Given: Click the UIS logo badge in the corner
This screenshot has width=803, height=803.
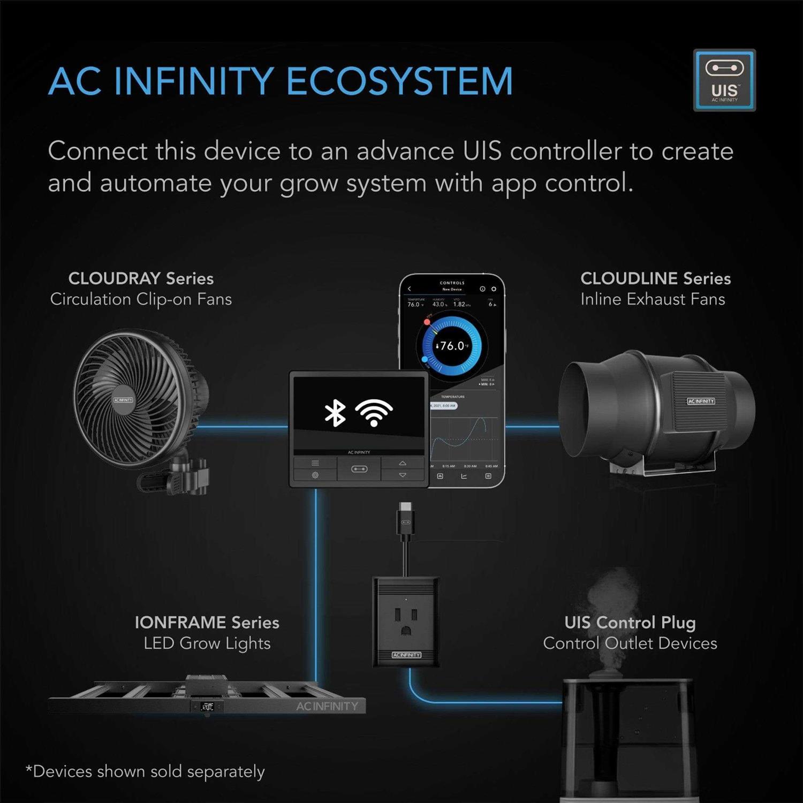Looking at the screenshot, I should coord(724,80).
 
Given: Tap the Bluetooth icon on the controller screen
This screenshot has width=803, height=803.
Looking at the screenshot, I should coord(335,413).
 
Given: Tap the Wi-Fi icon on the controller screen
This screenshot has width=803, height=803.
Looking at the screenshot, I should coord(374,413).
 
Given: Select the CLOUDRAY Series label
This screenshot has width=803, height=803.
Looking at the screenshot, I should coord(141,278).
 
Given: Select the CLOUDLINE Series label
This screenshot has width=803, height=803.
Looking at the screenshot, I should coord(655,278).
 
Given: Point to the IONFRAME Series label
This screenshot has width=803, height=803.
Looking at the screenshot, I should coord(207,623).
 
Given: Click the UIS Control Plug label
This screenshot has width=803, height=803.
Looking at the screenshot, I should coord(630,623).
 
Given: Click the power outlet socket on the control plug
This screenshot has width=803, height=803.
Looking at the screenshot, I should coord(406,621).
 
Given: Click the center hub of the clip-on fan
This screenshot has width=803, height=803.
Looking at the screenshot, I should coord(123,400).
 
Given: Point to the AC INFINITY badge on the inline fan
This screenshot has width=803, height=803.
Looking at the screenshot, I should coord(701,401).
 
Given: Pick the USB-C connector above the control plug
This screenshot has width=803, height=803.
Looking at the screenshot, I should coord(405,517).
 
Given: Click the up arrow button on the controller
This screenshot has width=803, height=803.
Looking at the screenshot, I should coord(403,463).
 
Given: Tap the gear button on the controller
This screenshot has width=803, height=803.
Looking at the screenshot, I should coord(315,475).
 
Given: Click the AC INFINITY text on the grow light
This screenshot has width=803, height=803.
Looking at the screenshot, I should coord(327,707).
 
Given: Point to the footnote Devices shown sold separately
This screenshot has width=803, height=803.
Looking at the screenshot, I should coord(146,771).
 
